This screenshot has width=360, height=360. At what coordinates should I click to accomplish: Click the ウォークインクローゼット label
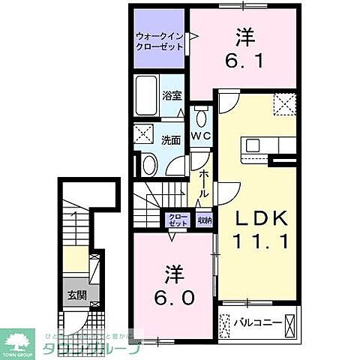pos(159,40)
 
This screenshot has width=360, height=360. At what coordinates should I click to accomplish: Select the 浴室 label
pos(172,95)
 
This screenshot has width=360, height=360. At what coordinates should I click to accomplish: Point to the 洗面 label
pos(171,139)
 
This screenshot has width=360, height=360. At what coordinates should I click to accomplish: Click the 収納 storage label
pos(204,220)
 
